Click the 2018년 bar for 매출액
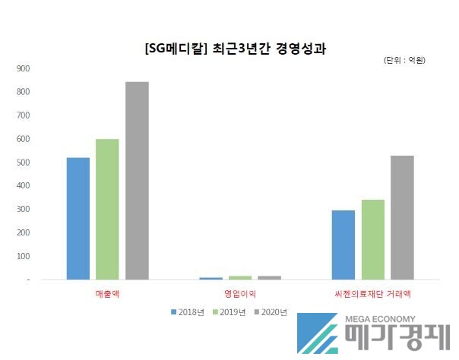click(x=78, y=219)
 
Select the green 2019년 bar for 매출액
click(x=108, y=210)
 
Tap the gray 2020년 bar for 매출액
click(x=138, y=181)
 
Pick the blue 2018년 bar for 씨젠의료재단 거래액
click(x=343, y=245)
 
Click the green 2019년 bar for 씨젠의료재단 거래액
click(x=373, y=240)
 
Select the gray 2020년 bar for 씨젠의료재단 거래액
click(x=402, y=218)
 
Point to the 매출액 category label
click(x=108, y=292)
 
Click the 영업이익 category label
click(x=240, y=292)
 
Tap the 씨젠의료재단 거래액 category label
click(x=372, y=292)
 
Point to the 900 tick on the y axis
click(x=23, y=68)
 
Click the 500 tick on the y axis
click(x=23, y=163)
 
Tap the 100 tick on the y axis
click(x=23, y=257)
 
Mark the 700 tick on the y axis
click(x=23, y=115)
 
